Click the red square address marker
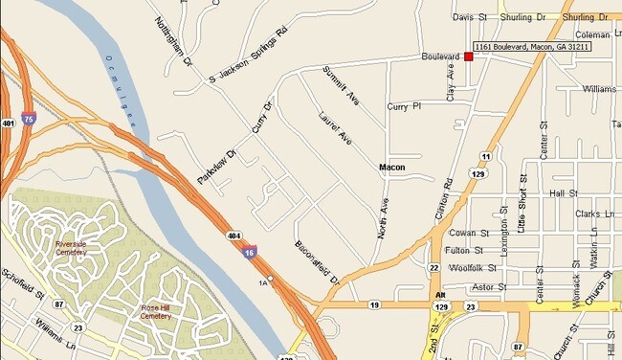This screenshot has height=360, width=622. [469, 57]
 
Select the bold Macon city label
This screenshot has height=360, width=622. [392, 168]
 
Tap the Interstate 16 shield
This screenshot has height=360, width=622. [249, 252]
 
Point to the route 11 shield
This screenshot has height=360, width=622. [486, 156]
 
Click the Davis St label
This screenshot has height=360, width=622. [470, 17]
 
